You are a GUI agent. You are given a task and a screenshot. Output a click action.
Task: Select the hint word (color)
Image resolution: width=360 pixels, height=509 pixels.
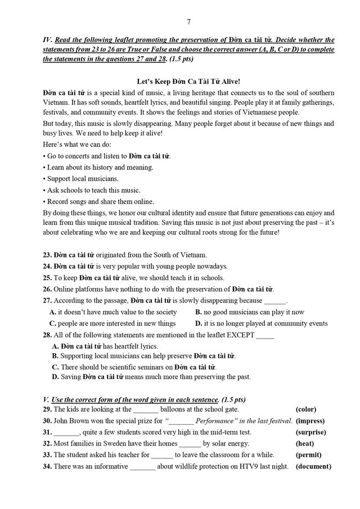click(306, 409)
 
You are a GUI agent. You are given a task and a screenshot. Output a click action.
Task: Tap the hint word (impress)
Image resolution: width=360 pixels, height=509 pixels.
click(310, 421)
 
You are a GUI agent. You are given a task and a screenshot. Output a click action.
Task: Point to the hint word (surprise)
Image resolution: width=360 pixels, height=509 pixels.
click(310, 432)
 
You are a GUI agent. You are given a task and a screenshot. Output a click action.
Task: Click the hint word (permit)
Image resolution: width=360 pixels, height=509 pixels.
click(308, 455)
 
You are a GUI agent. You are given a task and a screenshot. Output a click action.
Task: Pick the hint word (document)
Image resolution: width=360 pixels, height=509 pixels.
click(313, 466)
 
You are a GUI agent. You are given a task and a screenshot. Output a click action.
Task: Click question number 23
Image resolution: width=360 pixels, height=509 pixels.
click(47, 255)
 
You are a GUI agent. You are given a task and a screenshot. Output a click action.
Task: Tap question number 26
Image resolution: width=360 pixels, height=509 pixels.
click(47, 289)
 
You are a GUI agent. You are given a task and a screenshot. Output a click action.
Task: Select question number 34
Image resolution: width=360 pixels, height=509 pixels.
click(47, 466)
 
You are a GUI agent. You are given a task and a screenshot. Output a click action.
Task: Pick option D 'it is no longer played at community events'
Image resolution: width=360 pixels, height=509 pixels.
click(261, 323)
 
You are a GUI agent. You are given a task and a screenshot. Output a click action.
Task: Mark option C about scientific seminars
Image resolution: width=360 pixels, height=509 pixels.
click(134, 367)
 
